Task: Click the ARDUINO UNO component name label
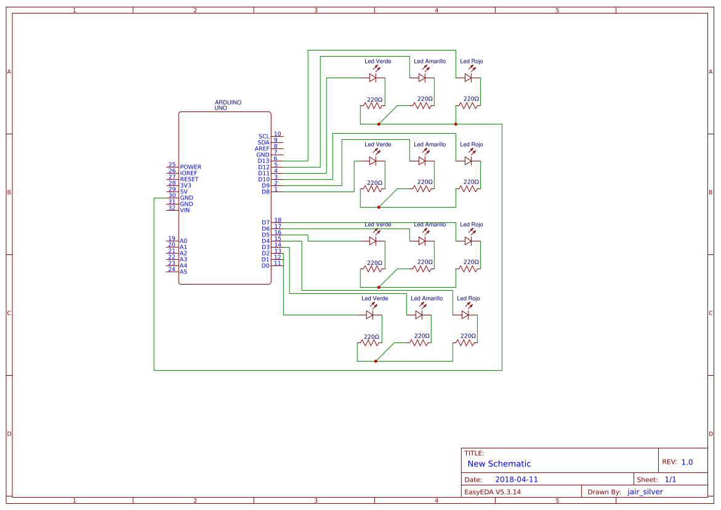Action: [227, 105]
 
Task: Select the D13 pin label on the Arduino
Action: [264, 161]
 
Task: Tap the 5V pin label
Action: [184, 192]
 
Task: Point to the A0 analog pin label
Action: [183, 241]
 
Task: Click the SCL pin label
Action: [264, 136]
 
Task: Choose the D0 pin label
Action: [265, 265]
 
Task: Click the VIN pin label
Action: [185, 210]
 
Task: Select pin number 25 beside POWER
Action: [172, 165]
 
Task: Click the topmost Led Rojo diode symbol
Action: [469, 78]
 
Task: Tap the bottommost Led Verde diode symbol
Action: [370, 315]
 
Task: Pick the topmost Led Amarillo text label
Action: [430, 62]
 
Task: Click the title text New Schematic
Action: [499, 464]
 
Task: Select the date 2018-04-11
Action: [516, 479]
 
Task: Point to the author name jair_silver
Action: [645, 492]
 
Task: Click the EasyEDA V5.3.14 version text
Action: [492, 492]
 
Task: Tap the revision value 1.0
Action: [687, 462]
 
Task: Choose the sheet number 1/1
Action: [670, 479]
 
